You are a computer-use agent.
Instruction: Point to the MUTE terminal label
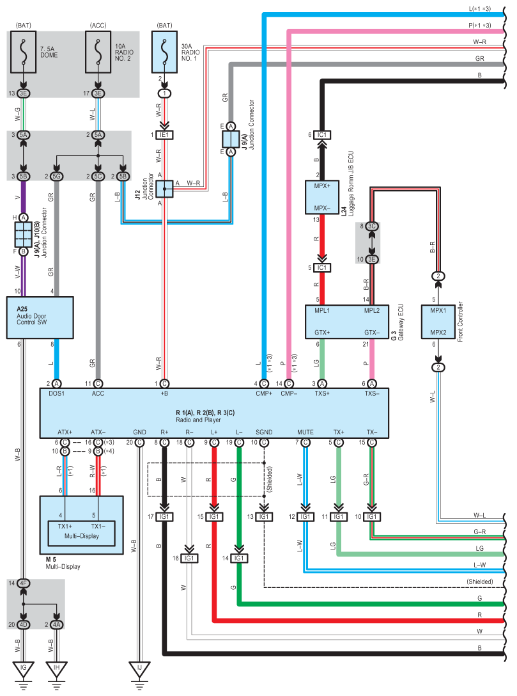click(305, 433)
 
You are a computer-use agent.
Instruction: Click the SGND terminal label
click(263, 433)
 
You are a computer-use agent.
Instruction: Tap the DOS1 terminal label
click(58, 393)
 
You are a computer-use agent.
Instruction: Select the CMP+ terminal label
click(263, 393)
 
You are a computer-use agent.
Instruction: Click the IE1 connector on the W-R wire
click(165, 135)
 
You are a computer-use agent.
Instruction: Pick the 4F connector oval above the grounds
click(24, 583)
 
